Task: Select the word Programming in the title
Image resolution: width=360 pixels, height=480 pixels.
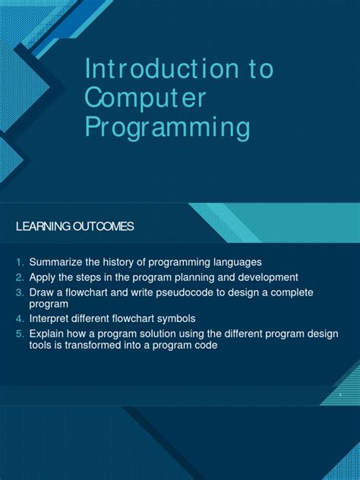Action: tap(167, 127)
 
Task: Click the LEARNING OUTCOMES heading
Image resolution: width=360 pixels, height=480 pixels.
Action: tap(74, 226)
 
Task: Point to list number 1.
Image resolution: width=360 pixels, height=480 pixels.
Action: tap(21, 262)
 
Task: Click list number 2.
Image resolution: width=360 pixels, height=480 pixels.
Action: tap(21, 277)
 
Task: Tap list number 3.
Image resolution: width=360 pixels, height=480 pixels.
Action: tap(21, 292)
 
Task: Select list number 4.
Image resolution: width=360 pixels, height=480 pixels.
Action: tap(21, 318)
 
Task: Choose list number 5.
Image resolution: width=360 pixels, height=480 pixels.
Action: tap(21, 334)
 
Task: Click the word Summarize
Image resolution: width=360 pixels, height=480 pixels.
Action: tap(55, 262)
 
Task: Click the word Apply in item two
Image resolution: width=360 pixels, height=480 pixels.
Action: tap(43, 277)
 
